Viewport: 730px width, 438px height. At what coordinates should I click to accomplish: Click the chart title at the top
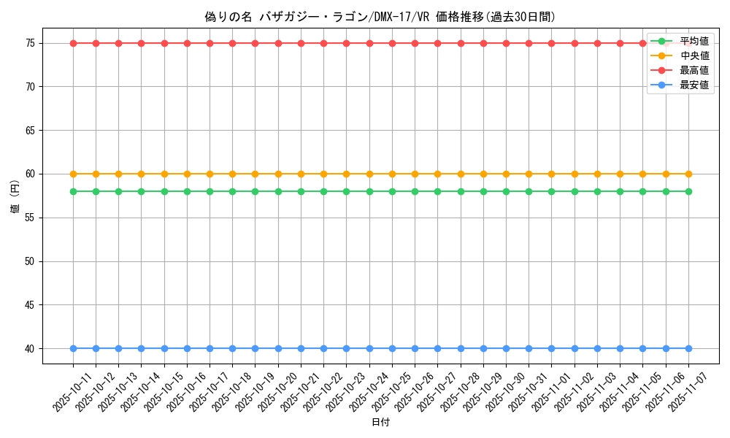pyautogui.click(x=380, y=17)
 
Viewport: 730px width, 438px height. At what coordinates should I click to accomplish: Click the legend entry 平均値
pyautogui.click(x=694, y=41)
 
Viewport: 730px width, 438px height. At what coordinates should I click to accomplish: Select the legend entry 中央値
pyautogui.click(x=694, y=55)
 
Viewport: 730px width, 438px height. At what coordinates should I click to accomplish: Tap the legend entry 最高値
pyautogui.click(x=694, y=70)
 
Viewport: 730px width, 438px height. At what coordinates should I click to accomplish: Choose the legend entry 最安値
pyautogui.click(x=694, y=85)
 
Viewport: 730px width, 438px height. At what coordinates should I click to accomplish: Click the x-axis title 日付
pyautogui.click(x=380, y=423)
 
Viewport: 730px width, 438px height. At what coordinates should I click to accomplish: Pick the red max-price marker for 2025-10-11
pyautogui.click(x=73, y=43)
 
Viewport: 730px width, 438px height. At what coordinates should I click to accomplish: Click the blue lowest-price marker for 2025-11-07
pyautogui.click(x=688, y=348)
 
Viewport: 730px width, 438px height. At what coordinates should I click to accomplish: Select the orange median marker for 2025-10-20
pyautogui.click(x=278, y=174)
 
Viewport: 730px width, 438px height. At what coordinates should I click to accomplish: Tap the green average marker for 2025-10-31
pyautogui.click(x=529, y=191)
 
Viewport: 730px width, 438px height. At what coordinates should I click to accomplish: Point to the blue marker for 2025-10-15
pyautogui.click(x=164, y=348)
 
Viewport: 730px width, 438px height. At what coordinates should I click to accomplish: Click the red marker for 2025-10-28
pyautogui.click(x=461, y=43)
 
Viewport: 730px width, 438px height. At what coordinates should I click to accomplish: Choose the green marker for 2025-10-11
pyautogui.click(x=73, y=191)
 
